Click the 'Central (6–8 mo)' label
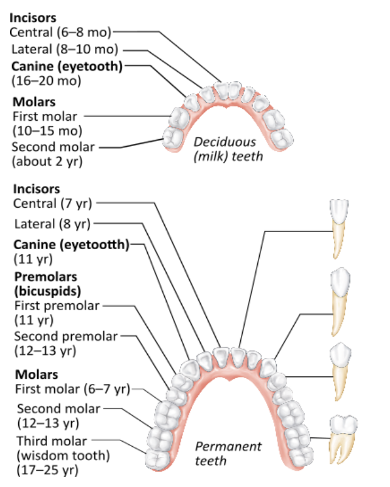[x=61, y=31]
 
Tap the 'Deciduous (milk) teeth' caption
[x=228, y=148]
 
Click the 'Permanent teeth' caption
[x=228, y=453]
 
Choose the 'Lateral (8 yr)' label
[x=52, y=223]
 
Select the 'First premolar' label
[x=57, y=306]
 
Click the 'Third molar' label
[x=52, y=441]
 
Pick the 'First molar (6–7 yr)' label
[x=71, y=389]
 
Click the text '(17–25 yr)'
[x=47, y=469]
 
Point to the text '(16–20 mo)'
[x=45, y=80]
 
